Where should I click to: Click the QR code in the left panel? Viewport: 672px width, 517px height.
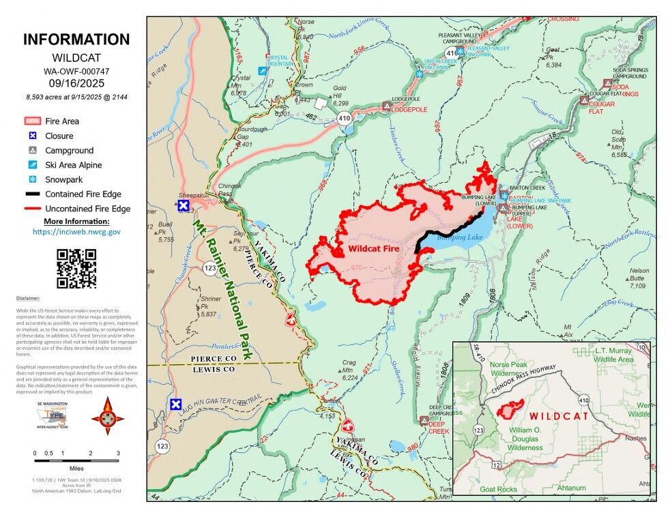point(76,268)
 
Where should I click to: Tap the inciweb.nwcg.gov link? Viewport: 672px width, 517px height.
point(76,232)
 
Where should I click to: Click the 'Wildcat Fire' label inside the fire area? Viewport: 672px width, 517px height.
point(373,250)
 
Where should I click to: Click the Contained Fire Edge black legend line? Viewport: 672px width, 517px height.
point(31,194)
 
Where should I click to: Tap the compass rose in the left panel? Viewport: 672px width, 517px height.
point(107,415)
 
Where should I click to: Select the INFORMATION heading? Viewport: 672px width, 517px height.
point(76,40)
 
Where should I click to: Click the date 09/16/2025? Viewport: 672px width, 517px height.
point(76,83)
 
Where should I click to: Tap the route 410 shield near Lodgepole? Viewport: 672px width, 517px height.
point(344,118)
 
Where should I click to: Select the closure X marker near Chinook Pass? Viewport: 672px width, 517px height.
point(184,205)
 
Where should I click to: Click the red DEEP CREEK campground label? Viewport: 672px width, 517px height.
point(438,431)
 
